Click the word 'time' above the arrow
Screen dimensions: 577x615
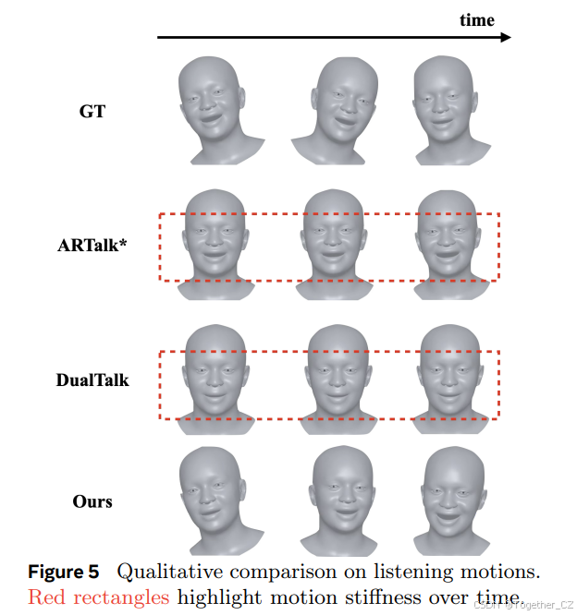tap(477, 19)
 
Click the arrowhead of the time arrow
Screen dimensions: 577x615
tap(505, 37)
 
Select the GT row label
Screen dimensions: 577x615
tap(92, 112)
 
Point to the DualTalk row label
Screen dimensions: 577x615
tap(92, 380)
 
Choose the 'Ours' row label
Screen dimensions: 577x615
tap(92, 501)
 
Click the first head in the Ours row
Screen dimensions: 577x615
tap(209, 499)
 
